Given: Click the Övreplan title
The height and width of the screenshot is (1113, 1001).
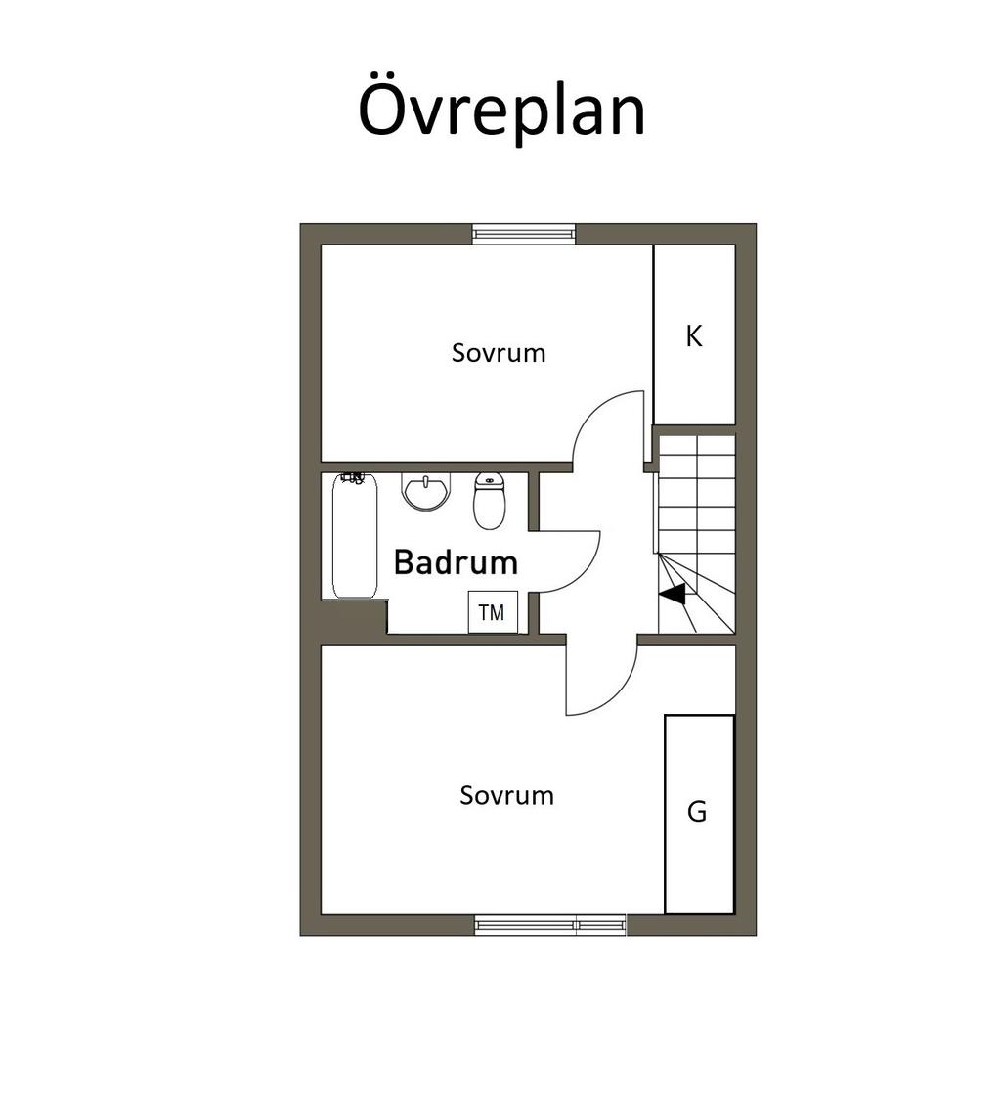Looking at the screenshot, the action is click(x=501, y=111).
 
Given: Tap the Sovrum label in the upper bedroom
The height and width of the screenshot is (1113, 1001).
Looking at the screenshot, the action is click(x=499, y=353).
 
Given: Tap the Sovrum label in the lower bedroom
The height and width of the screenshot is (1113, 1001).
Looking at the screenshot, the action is click(x=506, y=795).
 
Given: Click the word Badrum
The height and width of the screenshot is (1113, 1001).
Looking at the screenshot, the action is click(x=456, y=562).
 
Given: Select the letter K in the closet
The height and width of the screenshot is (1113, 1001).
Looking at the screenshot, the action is click(x=694, y=335).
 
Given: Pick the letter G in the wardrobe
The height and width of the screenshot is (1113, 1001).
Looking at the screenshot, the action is click(x=697, y=811).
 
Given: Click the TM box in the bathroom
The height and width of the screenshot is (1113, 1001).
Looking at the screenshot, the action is click(x=493, y=611).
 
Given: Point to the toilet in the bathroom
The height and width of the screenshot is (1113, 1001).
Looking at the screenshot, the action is click(x=489, y=501).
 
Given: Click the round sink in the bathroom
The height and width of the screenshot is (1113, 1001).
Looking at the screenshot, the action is click(x=426, y=491).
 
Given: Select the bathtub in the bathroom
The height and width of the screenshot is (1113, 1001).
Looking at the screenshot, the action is click(x=355, y=536).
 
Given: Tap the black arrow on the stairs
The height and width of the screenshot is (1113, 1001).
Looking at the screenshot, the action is click(x=673, y=594).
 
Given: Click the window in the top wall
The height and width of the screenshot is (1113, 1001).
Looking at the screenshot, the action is click(x=524, y=234).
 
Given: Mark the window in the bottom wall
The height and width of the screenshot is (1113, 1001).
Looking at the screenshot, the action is click(x=550, y=925).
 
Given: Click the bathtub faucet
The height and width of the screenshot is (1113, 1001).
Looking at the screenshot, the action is click(x=353, y=477).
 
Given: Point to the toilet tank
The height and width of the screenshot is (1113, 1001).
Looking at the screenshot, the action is click(x=489, y=480).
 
